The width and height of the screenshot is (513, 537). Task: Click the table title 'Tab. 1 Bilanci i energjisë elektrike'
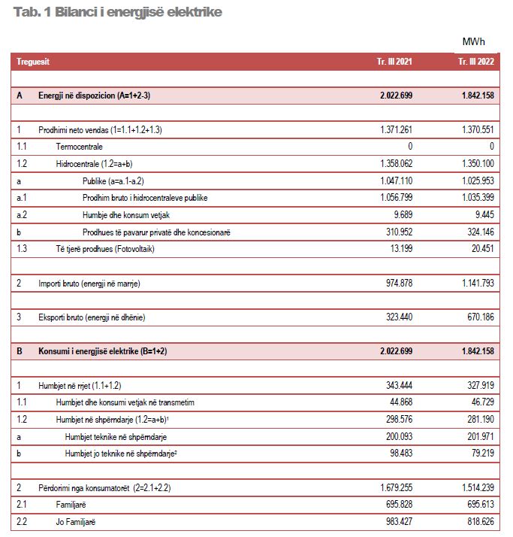pos(117,13)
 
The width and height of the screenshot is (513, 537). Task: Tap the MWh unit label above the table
pos(473,41)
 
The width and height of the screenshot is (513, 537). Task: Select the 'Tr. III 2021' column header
pos(394,62)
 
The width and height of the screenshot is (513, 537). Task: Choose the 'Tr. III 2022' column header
pos(476,62)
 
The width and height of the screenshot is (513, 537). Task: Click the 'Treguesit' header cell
pos(33,62)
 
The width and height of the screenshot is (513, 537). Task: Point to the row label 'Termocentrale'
pos(79,147)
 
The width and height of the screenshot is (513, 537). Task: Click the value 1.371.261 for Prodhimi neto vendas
pos(396,130)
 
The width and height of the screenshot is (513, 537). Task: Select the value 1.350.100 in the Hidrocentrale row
pos(476,164)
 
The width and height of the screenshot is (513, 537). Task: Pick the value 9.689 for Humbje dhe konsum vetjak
pos(402,215)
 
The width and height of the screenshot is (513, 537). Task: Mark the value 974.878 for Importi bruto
pos(399,283)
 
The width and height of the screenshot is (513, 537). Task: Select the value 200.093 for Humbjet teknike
pos(399,436)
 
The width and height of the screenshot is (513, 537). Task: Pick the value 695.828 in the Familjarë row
pos(399,505)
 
